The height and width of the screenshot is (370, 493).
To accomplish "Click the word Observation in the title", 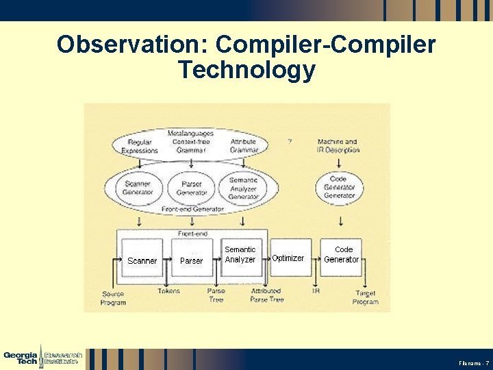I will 131,45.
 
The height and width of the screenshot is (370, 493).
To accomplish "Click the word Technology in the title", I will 246,70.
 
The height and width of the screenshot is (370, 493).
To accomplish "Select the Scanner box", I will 142,259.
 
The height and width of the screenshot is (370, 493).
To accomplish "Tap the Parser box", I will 191,259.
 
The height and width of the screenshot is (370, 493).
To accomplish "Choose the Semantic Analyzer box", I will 240,255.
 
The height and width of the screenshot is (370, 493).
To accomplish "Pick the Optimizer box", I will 288,258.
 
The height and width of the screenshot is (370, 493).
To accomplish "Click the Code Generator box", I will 342,255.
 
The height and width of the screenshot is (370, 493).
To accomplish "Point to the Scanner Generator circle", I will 138,187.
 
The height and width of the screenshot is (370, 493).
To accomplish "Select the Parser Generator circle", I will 192,187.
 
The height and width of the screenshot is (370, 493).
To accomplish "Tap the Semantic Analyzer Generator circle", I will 243,188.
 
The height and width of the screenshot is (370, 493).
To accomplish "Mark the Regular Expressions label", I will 140,146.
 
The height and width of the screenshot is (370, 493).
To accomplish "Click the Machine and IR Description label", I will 338,145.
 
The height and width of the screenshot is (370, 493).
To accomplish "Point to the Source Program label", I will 113,298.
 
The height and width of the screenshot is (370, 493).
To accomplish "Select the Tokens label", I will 168,291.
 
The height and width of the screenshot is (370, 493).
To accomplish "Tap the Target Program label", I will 365,297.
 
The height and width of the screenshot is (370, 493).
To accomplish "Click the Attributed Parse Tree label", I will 266,295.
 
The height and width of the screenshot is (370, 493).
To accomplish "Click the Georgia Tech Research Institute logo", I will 42,357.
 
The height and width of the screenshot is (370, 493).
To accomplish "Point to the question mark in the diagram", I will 290,141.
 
